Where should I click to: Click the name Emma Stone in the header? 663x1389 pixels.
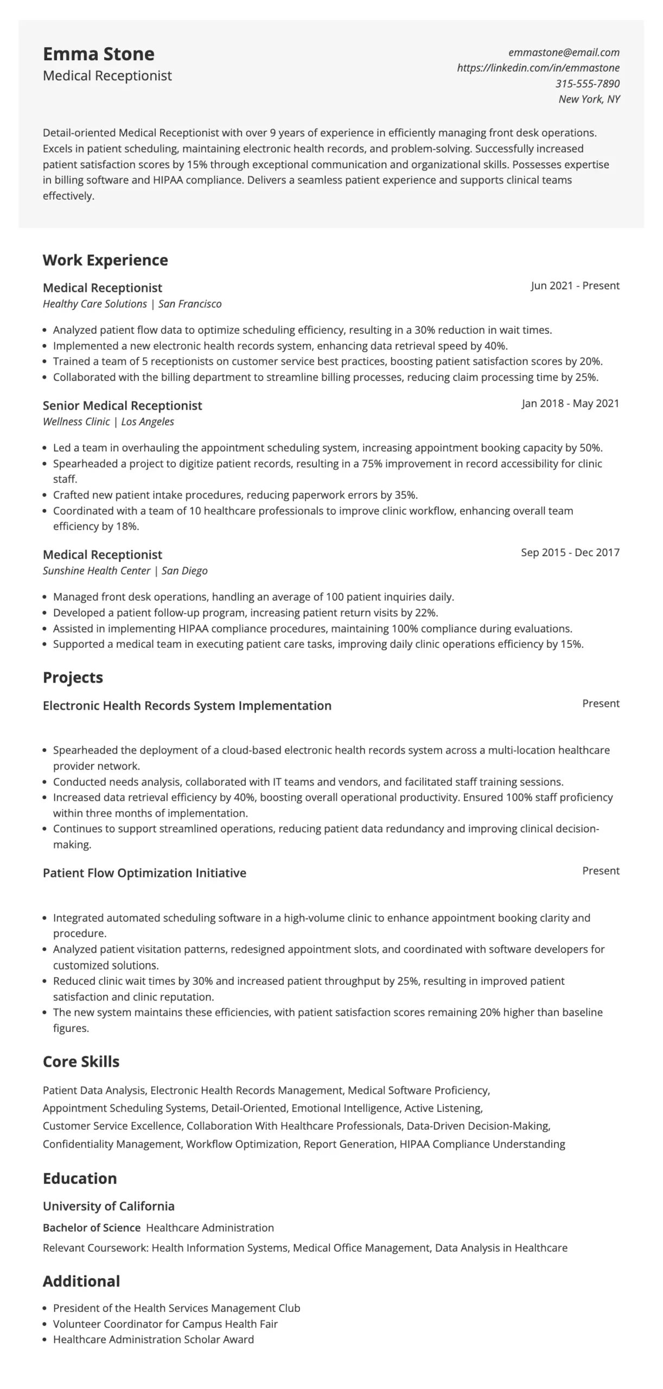point(98,54)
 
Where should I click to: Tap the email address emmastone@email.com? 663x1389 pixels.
point(564,53)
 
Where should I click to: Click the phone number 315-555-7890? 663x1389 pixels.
point(587,84)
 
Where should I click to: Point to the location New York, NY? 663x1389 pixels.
point(589,99)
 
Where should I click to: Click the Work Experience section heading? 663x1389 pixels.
point(105,260)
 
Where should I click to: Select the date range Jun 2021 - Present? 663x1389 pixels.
point(575,286)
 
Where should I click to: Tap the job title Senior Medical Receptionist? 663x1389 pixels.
point(122,406)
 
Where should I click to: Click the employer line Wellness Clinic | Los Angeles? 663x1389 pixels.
point(108,422)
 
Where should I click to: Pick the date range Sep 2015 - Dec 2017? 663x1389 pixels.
point(570,552)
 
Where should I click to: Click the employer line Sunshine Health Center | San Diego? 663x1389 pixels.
point(125,571)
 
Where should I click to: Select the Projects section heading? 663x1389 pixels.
point(73,678)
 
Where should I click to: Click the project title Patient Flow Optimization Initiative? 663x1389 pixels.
point(144,873)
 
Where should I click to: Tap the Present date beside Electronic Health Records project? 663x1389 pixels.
point(601,704)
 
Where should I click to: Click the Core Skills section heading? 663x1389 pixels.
point(81,1062)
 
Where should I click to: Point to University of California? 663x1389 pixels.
point(109,1206)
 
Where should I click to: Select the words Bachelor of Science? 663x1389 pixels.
point(92,1228)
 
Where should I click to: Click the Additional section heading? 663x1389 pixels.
point(81,1282)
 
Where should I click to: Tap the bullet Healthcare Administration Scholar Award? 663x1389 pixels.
point(153,1340)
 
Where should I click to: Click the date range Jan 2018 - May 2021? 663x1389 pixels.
point(570,404)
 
